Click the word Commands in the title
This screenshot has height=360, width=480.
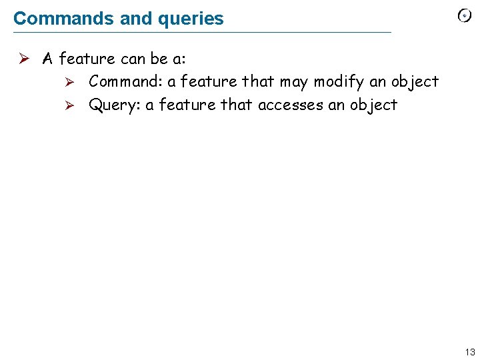pos(64,18)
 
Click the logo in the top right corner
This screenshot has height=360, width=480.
pos(465,17)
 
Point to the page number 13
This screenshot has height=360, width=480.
pos(470,352)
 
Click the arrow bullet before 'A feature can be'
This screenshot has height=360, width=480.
pos(22,59)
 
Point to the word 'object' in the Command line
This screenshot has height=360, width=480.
pos(414,82)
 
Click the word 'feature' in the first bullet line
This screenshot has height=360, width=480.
pos(87,59)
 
